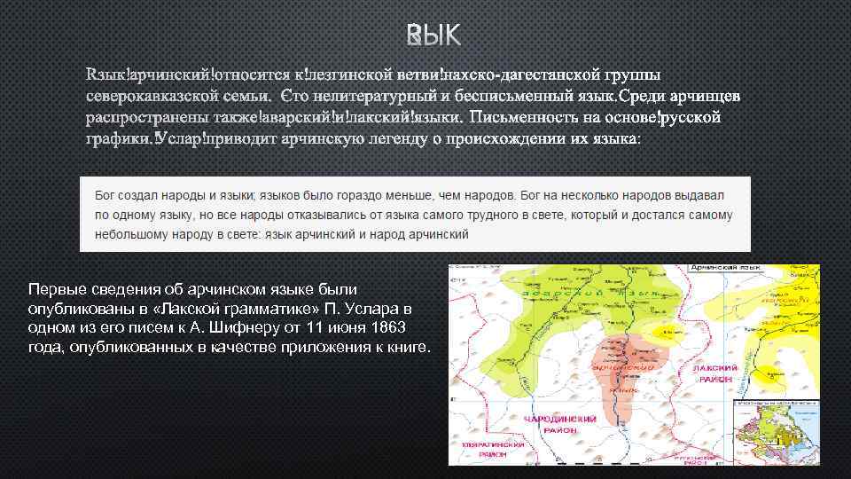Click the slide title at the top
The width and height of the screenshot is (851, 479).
433,35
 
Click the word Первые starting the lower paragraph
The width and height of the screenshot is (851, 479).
55,289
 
